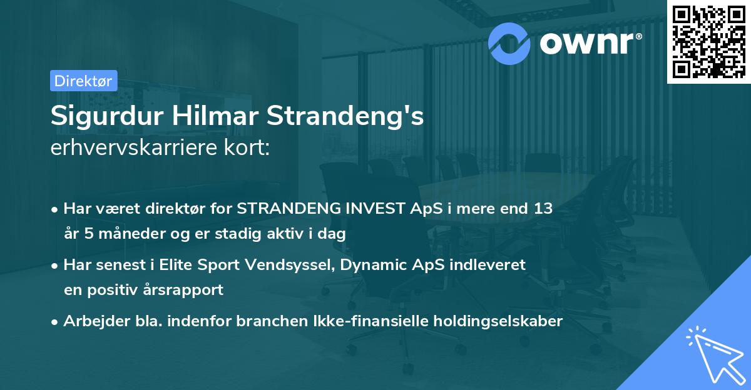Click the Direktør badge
pos(83,81)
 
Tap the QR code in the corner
pos(708,41)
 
